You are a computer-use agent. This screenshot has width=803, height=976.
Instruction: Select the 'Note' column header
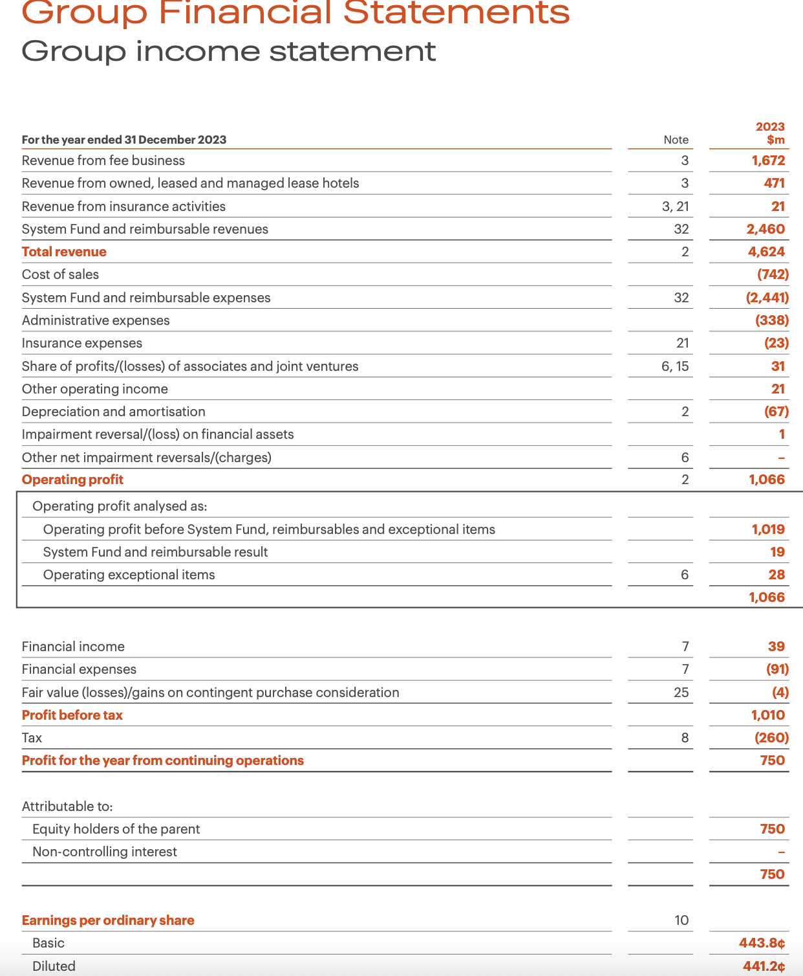pyautogui.click(x=676, y=140)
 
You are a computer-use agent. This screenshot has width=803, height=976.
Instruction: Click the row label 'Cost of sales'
pyautogui.click(x=60, y=274)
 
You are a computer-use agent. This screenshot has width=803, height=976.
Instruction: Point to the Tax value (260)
pyautogui.click(x=771, y=738)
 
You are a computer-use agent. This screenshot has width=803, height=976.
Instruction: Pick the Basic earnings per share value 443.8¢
pyautogui.click(x=762, y=943)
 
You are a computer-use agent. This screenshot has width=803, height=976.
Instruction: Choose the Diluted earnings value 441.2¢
pyautogui.click(x=764, y=966)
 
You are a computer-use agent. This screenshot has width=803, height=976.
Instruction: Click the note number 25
pyautogui.click(x=681, y=693)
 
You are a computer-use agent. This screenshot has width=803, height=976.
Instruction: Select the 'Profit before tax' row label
pyautogui.click(x=72, y=715)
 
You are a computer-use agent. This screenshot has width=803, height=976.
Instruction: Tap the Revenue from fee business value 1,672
pyautogui.click(x=768, y=161)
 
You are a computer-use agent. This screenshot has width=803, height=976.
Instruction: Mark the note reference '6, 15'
pyautogui.click(x=675, y=366)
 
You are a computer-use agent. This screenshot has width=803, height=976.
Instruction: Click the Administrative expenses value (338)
pyautogui.click(x=772, y=320)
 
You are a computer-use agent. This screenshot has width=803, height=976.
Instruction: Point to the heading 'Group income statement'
pyautogui.click(x=229, y=51)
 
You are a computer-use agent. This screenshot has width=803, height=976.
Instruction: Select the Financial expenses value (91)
pyautogui.click(x=777, y=669)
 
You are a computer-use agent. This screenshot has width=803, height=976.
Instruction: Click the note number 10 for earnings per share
pyautogui.click(x=681, y=920)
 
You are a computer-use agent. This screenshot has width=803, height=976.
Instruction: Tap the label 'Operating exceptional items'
pyautogui.click(x=129, y=575)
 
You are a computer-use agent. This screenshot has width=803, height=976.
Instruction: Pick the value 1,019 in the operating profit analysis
pyautogui.click(x=768, y=529)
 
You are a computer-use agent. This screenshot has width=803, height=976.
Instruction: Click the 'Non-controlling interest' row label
pyautogui.click(x=105, y=852)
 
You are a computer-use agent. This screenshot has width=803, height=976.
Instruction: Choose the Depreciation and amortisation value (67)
pyautogui.click(x=776, y=412)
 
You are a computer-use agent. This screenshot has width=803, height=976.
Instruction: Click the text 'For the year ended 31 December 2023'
pyautogui.click(x=124, y=140)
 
